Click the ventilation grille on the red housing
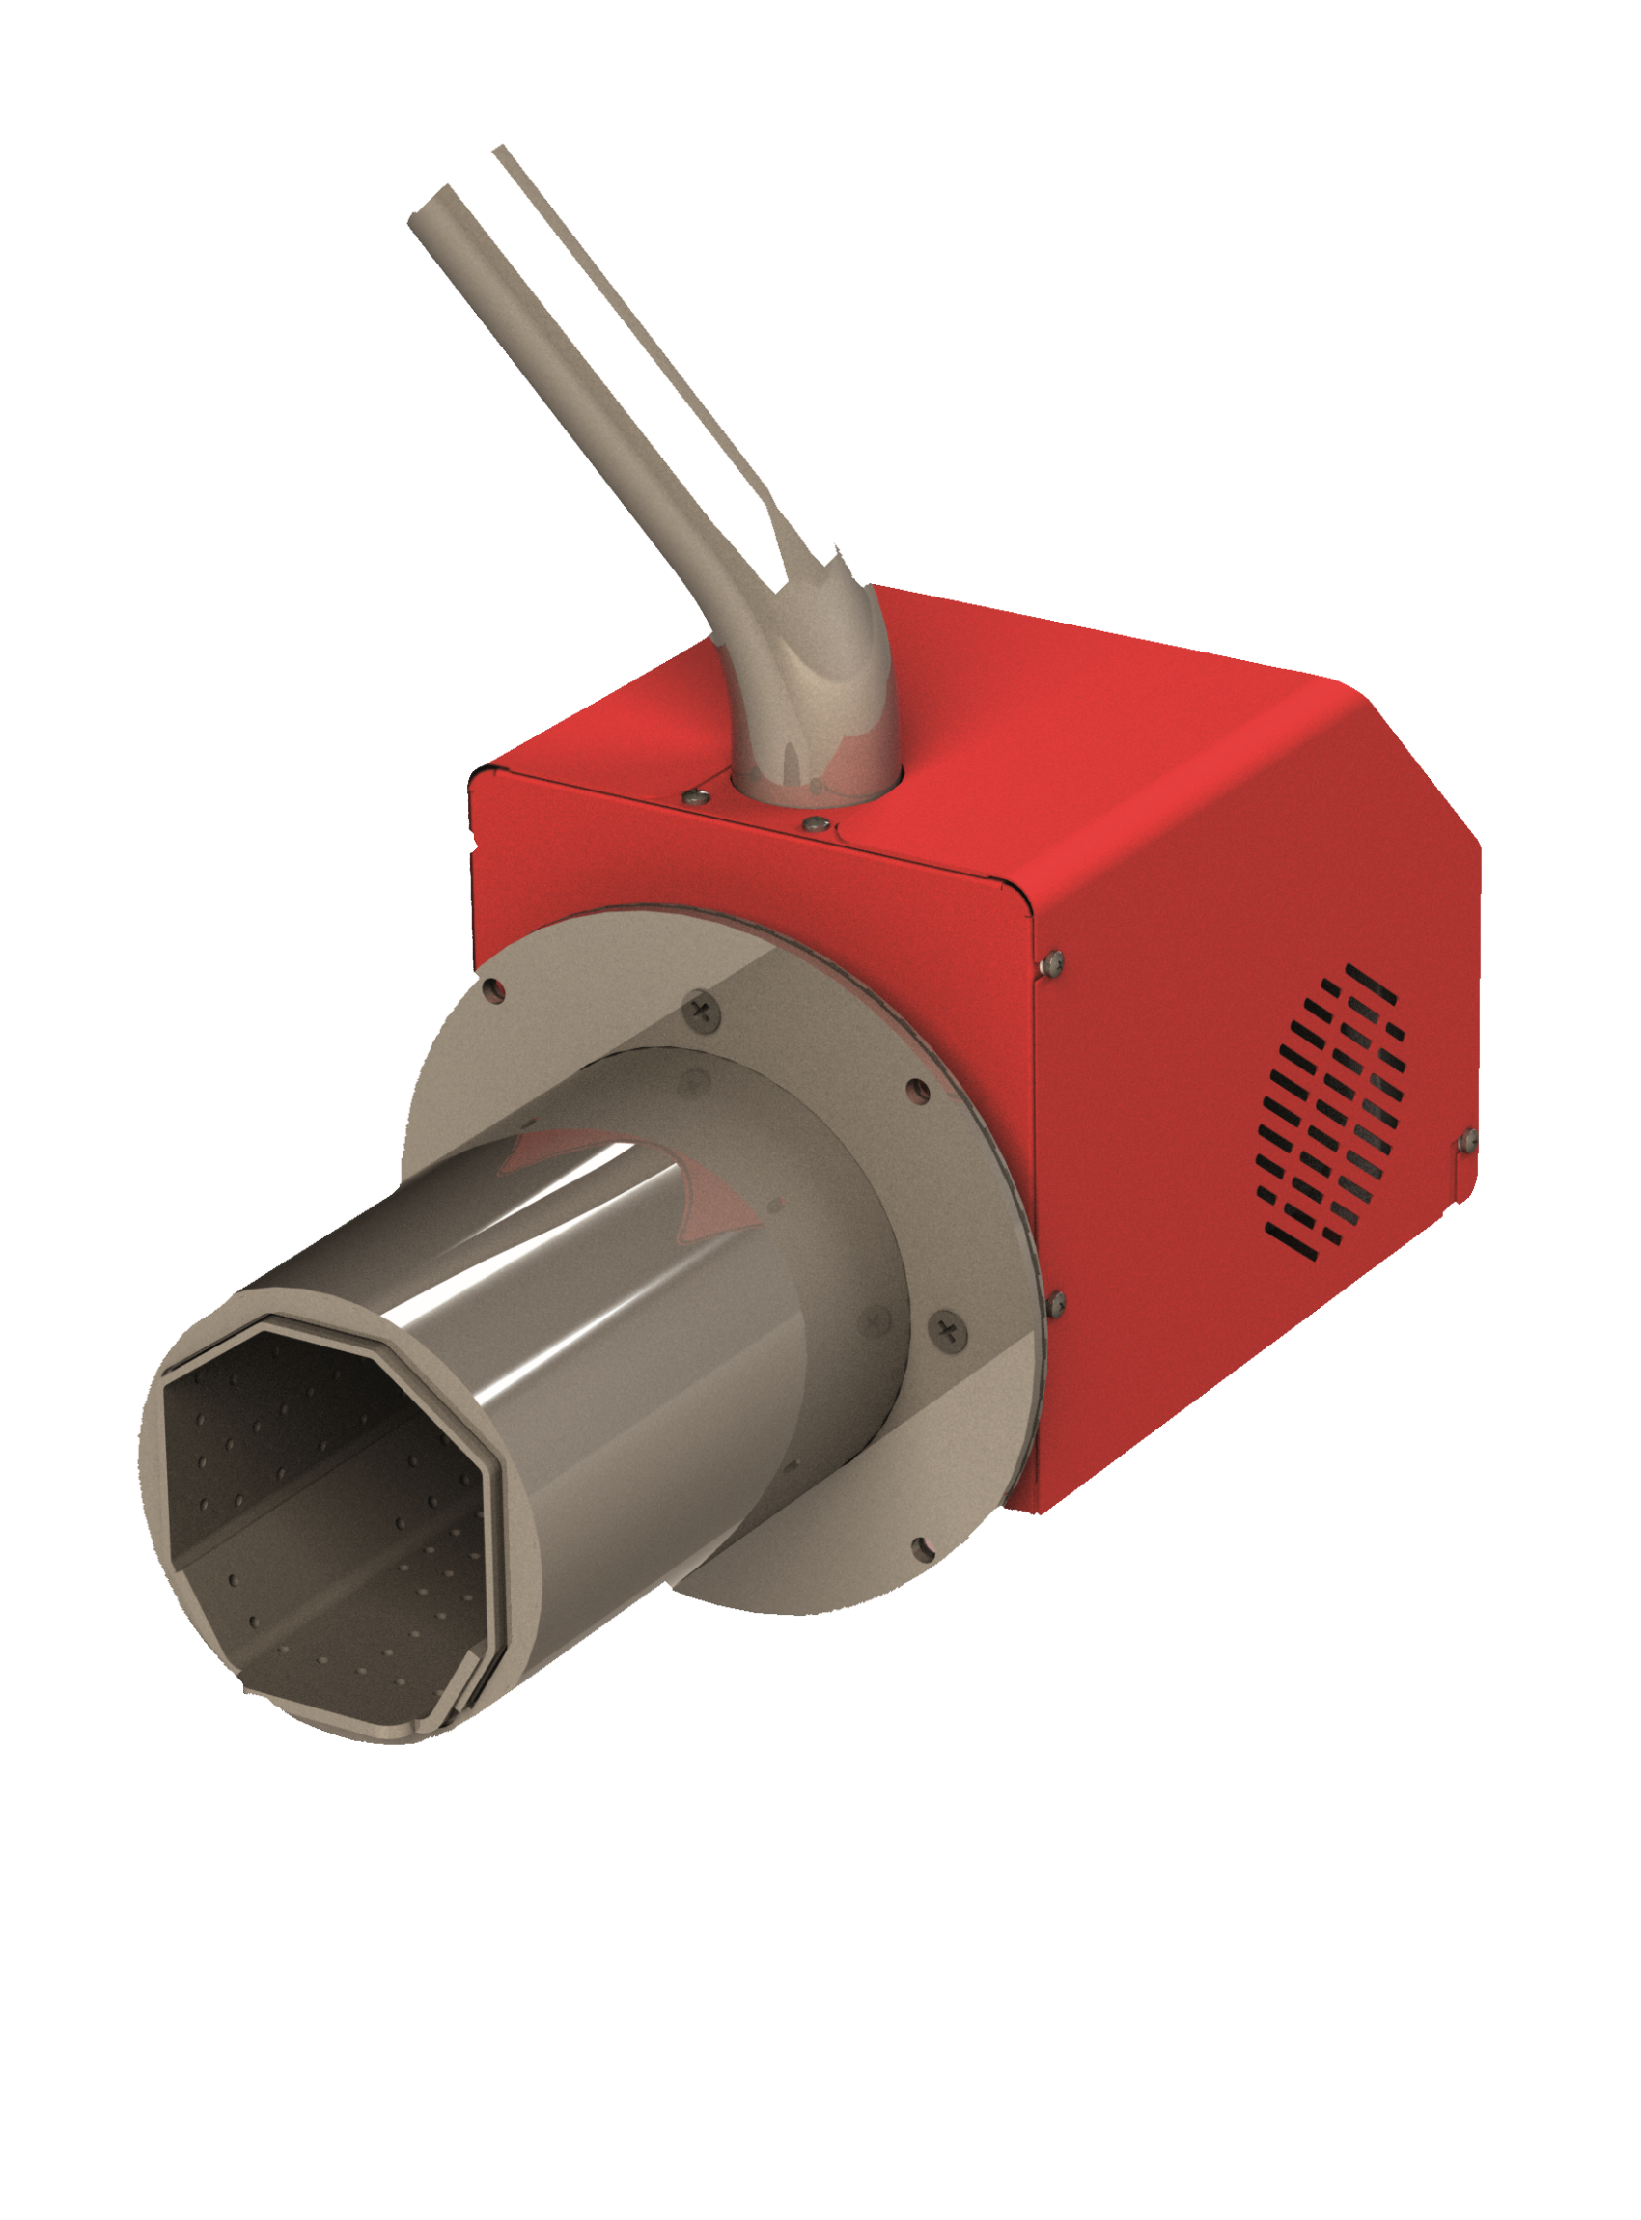[x=1332, y=1112]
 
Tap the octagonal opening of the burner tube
[x=328, y=1519]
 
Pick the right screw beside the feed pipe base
[x=816, y=823]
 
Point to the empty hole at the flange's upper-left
[x=493, y=989]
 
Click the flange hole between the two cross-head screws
[x=919, y=1094]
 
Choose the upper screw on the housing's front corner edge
[x=1054, y=960]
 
